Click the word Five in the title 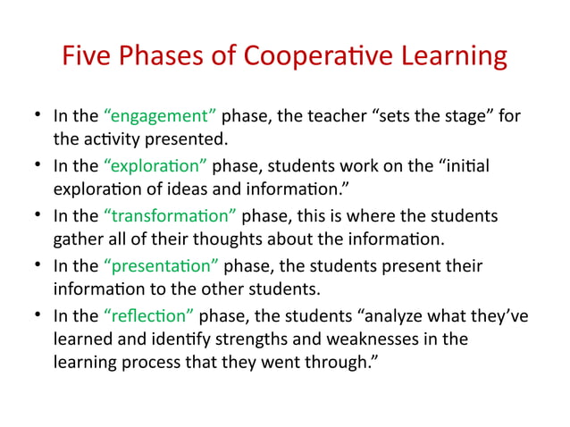pos(87,57)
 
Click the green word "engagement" pos(160,117)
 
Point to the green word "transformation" pos(171,217)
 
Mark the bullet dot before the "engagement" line pos(39,117)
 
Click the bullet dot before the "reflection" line pos(39,316)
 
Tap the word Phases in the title pos(170,57)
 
